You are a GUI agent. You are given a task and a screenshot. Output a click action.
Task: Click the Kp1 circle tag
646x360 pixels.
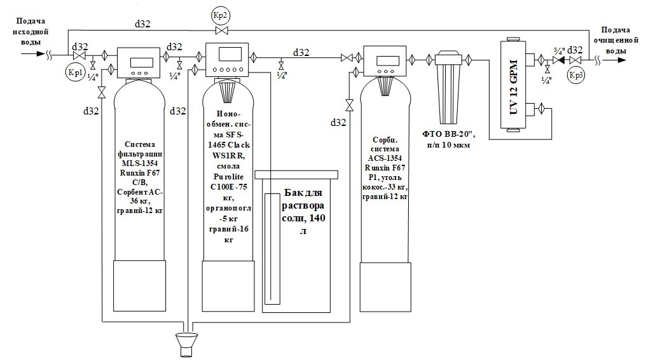tap(74, 72)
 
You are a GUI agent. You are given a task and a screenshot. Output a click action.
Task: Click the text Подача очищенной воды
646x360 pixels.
tap(617, 40)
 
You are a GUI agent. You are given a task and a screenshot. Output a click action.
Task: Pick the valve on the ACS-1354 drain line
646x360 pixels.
tap(348, 104)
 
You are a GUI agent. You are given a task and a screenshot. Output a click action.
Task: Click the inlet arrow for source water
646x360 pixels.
tap(29, 53)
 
